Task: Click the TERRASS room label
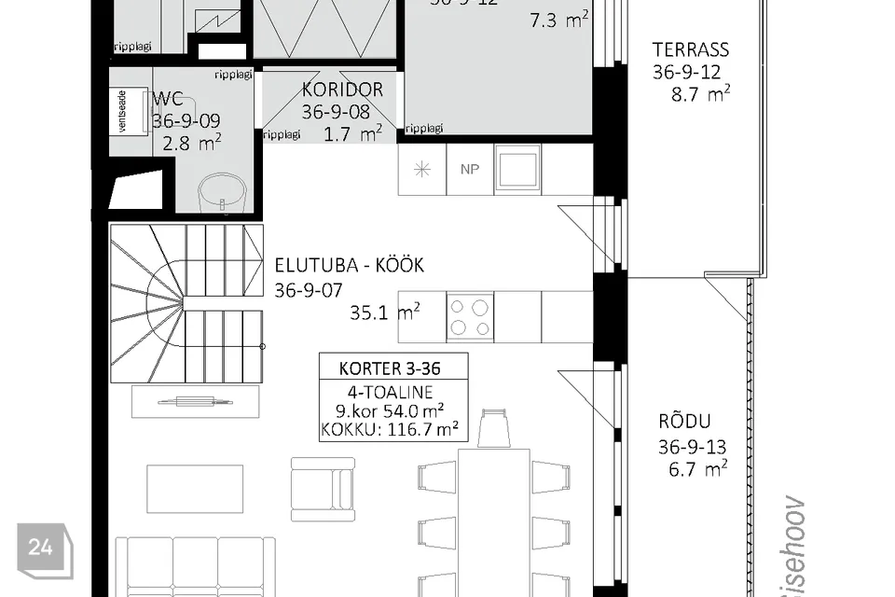(x=690, y=49)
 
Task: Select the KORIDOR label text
(x=342, y=90)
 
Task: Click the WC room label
(x=167, y=99)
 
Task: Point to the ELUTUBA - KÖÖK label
(x=349, y=266)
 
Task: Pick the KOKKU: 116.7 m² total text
(x=392, y=430)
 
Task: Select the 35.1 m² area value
(x=384, y=313)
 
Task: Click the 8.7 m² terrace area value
(x=700, y=93)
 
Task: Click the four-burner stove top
(x=470, y=317)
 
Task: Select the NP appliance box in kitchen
(x=470, y=170)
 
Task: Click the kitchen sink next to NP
(x=517, y=170)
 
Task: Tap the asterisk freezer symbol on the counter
(x=421, y=170)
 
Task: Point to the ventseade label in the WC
(x=119, y=113)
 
